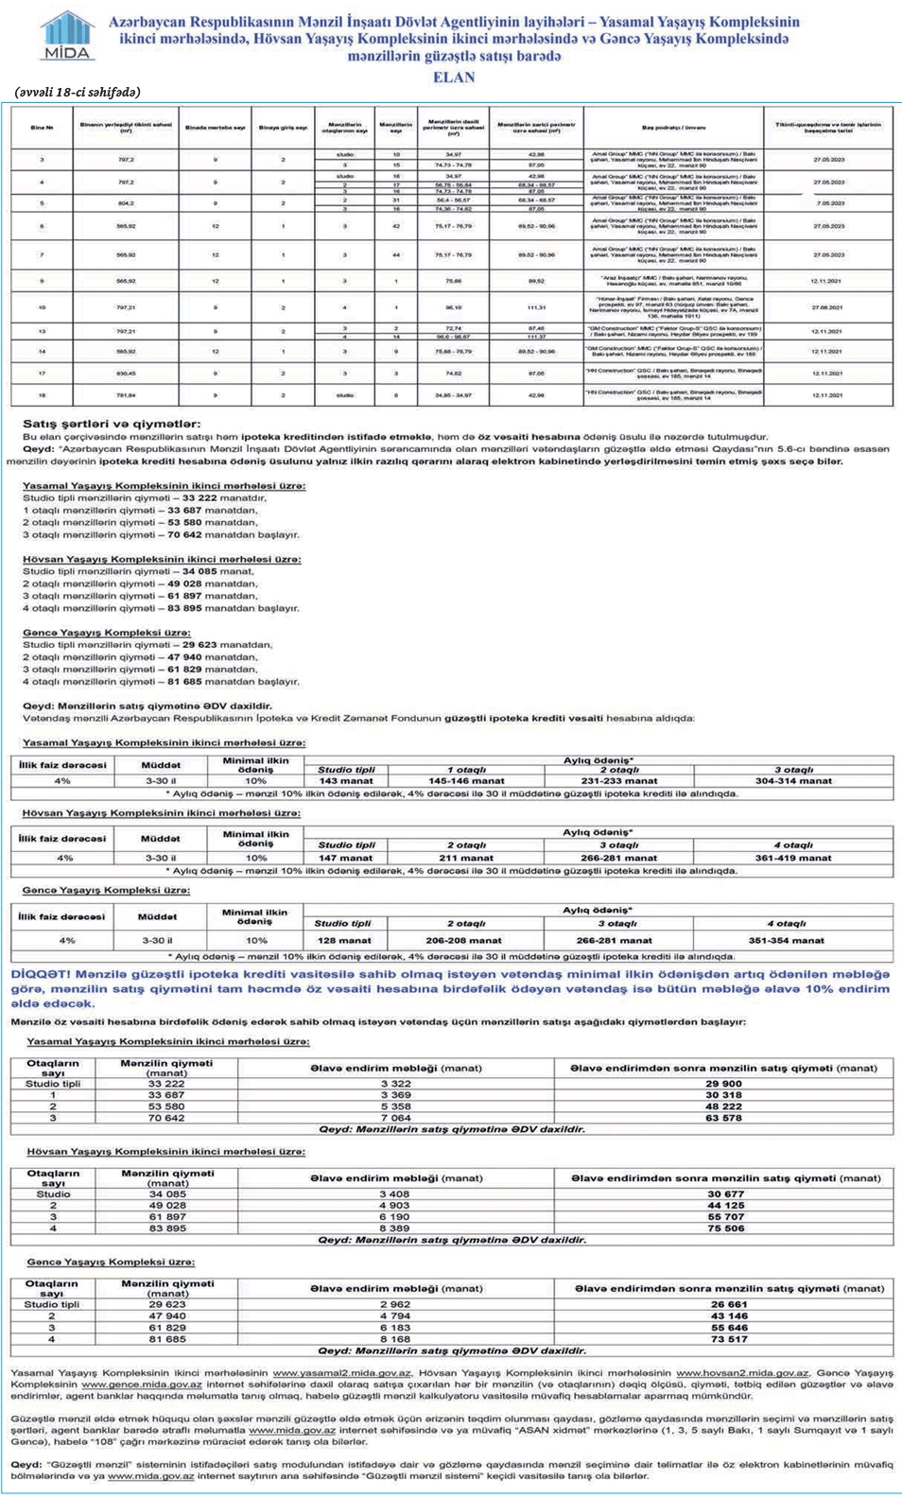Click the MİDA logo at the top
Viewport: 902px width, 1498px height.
pyautogui.click(x=67, y=36)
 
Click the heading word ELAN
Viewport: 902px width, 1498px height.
pyautogui.click(x=454, y=78)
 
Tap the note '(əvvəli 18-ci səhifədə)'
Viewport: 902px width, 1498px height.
pyautogui.click(x=78, y=92)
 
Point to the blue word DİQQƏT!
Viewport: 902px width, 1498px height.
pyautogui.click(x=41, y=973)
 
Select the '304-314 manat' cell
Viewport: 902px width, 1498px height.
pyautogui.click(x=793, y=781)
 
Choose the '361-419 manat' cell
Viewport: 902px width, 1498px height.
pyautogui.click(x=793, y=858)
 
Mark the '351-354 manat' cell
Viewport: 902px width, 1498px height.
pyautogui.click(x=786, y=940)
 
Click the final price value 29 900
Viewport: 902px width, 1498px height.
pyautogui.click(x=723, y=1084)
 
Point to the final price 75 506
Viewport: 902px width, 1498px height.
pyautogui.click(x=726, y=1228)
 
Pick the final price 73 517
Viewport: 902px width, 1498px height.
pyautogui.click(x=729, y=1339)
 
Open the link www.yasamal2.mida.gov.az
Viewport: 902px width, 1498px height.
pyautogui.click(x=342, y=1372)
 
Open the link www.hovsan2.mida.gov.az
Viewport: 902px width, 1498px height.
pyautogui.click(x=742, y=1372)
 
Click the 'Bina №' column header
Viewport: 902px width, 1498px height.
pyautogui.click(x=42, y=127)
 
